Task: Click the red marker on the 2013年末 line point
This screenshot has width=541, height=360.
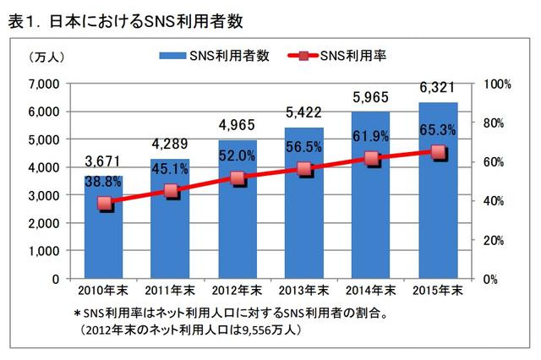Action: tap(304, 169)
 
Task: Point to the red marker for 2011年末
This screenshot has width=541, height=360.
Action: tap(171, 191)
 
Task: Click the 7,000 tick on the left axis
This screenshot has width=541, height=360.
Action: tap(42, 84)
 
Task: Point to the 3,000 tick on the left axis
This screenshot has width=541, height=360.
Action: tap(42, 195)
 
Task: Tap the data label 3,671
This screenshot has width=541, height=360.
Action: tap(103, 161)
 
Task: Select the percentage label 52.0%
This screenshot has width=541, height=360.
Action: tap(238, 155)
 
